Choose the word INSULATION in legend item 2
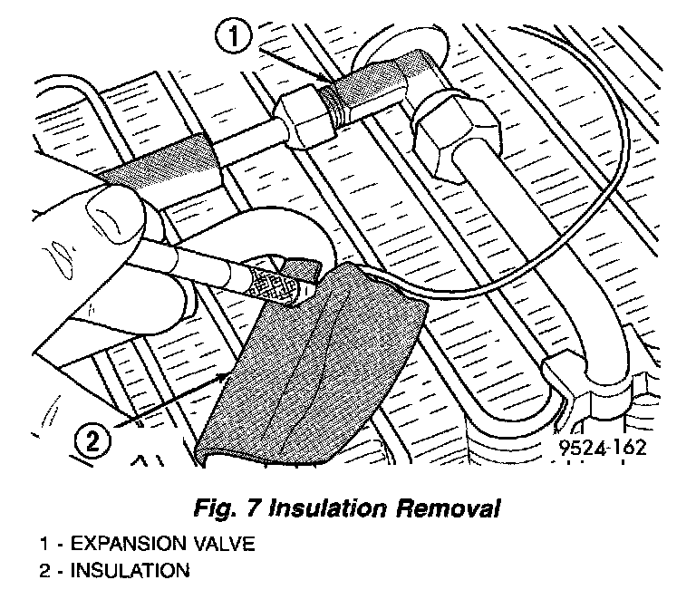pyautogui.click(x=130, y=571)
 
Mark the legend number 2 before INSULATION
pyautogui.click(x=42, y=571)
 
